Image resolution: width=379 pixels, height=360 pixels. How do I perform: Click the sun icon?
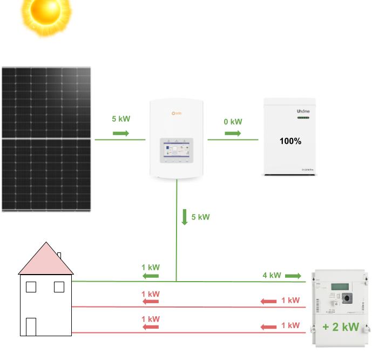tap(46, 14)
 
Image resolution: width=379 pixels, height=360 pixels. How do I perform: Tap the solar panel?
tap(46, 139)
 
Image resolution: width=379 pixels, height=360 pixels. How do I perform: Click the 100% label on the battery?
tap(290, 141)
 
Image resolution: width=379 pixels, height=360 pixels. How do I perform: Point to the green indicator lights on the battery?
tap(303, 118)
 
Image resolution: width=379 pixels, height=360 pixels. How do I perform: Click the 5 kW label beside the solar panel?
tap(121, 119)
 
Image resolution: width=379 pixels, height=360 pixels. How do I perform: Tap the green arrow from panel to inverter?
tap(121, 133)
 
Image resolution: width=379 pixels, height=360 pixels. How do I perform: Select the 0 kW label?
tap(233, 122)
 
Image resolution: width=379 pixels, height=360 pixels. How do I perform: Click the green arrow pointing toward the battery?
tap(233, 133)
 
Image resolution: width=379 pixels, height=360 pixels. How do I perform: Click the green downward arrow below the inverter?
tap(185, 217)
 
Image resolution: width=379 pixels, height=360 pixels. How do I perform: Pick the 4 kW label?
tap(272, 275)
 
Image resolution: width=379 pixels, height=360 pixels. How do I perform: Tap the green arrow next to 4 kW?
tap(293, 276)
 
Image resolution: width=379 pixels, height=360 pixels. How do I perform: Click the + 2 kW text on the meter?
tap(340, 326)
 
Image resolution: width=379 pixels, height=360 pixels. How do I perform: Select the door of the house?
tap(31, 326)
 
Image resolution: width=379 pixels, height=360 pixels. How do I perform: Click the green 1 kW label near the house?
tap(151, 267)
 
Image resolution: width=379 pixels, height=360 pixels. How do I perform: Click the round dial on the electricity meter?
tap(346, 297)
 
